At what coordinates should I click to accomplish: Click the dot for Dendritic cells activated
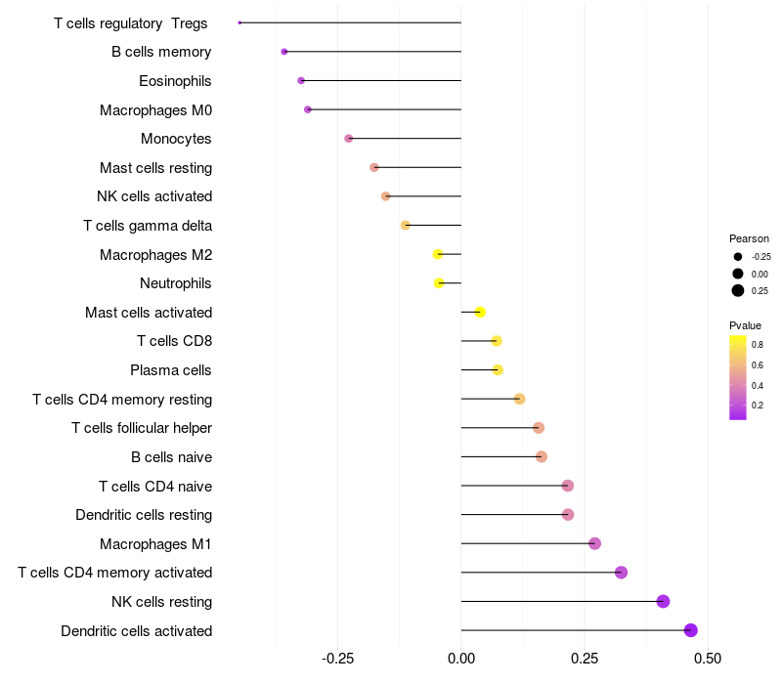[x=691, y=630]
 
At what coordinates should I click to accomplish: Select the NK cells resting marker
[x=663, y=601]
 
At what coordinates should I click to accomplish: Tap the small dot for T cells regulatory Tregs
[x=239, y=22]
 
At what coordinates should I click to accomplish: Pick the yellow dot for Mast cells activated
[x=480, y=312]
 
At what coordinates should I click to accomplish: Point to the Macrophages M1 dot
[x=594, y=543]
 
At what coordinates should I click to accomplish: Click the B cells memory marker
[x=284, y=52]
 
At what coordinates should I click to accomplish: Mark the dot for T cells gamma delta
[x=406, y=226]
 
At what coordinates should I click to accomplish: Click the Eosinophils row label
[x=175, y=81]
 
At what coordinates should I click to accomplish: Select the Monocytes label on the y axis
[x=176, y=139]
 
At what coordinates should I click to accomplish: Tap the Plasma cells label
[x=171, y=370]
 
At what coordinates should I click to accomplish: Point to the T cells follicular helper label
[x=142, y=428]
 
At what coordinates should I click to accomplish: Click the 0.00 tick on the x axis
[x=461, y=659]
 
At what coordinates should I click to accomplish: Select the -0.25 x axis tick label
[x=337, y=659]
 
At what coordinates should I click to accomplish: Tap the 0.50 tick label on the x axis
[x=708, y=659]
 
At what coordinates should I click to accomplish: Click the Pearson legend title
[x=749, y=238]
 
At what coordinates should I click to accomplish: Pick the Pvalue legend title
[x=745, y=325]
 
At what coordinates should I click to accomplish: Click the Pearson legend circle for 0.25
[x=738, y=290]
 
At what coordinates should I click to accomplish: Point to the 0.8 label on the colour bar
[x=758, y=344]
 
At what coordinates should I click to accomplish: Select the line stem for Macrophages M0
[x=384, y=109]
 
